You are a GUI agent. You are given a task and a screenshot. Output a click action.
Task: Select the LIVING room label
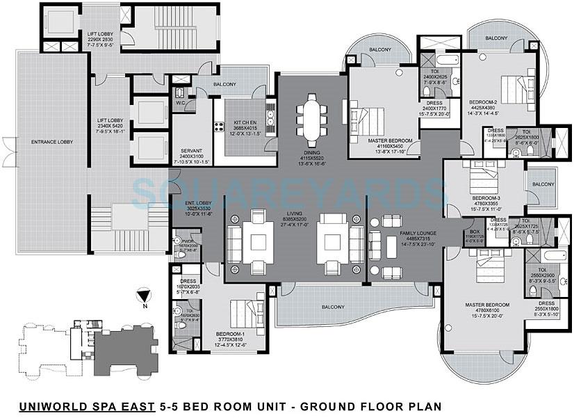300,216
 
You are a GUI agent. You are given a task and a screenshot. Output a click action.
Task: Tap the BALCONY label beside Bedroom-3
543,184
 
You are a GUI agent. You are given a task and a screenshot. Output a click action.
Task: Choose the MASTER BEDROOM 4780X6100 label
486,305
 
